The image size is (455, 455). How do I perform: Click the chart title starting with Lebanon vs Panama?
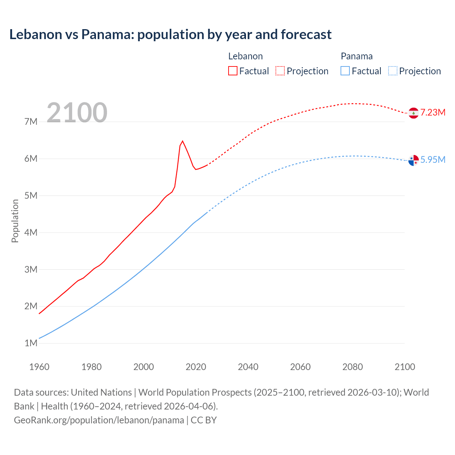tap(170, 34)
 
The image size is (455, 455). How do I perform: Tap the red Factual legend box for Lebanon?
tap(232, 71)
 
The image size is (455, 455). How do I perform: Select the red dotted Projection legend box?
tap(280, 71)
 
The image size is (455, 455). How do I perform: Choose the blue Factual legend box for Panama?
tap(345, 71)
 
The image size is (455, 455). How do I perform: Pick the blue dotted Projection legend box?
tap(393, 71)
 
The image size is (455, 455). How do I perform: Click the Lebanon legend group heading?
tap(245, 56)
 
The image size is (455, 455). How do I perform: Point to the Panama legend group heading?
tap(357, 56)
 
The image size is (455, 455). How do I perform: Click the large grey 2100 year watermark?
tap(77, 113)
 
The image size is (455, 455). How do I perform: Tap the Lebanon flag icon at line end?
tap(413, 113)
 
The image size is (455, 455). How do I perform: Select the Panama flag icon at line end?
tap(413, 160)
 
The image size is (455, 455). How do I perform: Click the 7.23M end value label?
tap(433, 113)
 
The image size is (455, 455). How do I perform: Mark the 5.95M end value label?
tap(433, 160)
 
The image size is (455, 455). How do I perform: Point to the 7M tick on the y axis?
tap(31, 122)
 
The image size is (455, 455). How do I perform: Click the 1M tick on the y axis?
tap(31, 343)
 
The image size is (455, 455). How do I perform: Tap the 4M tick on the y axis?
tap(31, 232)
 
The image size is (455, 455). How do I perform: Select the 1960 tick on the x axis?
tap(39, 367)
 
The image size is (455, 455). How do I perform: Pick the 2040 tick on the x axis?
tap(248, 367)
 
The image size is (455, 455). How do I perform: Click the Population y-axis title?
tap(15, 221)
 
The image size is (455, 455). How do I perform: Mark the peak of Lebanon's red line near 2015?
tap(182, 141)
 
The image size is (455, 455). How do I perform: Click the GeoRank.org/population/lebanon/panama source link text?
tap(99, 420)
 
